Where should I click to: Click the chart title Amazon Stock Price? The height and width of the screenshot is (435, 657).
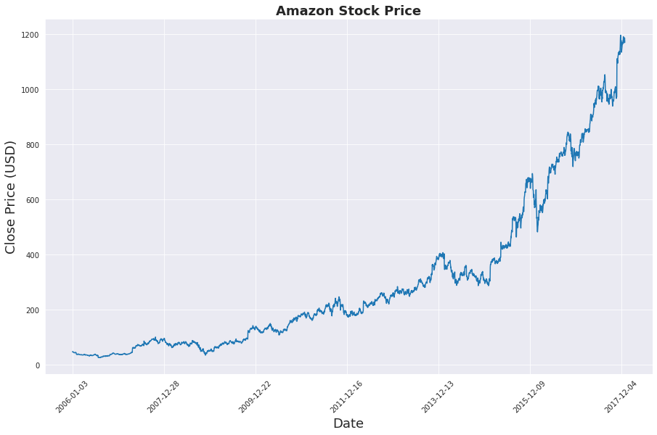click(348, 11)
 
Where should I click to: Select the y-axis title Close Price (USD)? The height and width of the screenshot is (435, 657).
click(11, 196)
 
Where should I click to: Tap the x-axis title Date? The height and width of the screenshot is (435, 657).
click(348, 423)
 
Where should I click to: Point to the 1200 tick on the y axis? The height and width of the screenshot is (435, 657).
click(30, 35)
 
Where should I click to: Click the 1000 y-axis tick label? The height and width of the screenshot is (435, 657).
click(30, 90)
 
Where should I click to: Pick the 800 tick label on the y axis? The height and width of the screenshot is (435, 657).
click(32, 145)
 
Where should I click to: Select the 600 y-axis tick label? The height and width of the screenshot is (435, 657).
click(32, 200)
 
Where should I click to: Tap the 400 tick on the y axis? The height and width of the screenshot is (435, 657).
click(32, 255)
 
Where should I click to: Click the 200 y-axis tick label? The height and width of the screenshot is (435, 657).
click(32, 310)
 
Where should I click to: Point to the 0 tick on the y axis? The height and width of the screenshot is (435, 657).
click(36, 365)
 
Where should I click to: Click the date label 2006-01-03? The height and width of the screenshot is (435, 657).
click(71, 396)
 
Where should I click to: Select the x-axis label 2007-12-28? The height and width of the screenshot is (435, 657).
click(163, 396)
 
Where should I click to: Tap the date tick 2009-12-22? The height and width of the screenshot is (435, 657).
click(254, 396)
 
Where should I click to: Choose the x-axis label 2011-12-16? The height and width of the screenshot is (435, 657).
click(346, 396)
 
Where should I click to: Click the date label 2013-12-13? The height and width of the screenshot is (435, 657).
click(437, 396)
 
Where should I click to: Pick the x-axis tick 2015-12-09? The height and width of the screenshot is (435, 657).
click(529, 396)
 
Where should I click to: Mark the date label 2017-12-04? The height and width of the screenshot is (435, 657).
click(620, 396)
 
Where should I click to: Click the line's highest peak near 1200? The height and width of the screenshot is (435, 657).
click(621, 36)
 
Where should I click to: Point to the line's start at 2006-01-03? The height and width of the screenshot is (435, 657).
click(73, 352)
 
